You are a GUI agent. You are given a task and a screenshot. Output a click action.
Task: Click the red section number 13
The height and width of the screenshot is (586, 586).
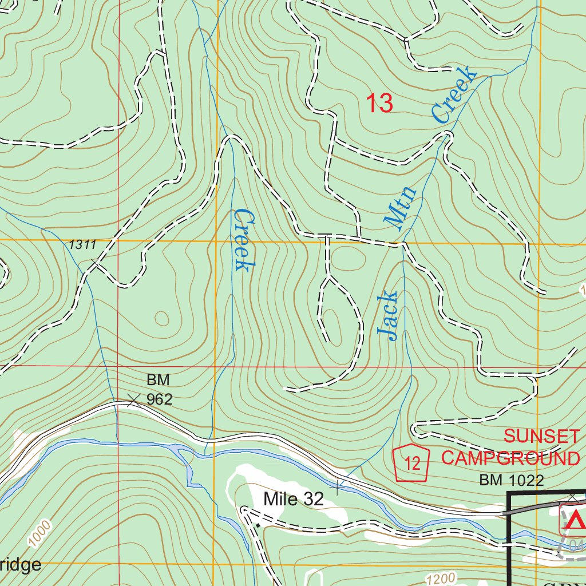(379, 104)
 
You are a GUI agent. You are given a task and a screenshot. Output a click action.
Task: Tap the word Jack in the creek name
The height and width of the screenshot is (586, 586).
(387, 316)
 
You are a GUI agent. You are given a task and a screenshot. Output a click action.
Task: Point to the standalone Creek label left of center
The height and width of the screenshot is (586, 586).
(243, 240)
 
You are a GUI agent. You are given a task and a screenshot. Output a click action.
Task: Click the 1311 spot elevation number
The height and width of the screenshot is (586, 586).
(82, 245)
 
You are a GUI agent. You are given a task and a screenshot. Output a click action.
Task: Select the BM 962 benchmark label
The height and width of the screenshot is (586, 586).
(159, 389)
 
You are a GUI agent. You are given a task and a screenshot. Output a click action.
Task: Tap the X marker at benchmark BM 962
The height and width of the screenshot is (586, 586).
(133, 400)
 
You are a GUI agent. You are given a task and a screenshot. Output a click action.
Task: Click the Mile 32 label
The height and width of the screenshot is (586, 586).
(294, 499)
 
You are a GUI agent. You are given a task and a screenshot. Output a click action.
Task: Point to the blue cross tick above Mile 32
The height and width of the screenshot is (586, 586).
(338, 487)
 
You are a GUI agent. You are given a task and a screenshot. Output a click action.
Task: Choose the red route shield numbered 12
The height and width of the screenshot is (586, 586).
(412, 462)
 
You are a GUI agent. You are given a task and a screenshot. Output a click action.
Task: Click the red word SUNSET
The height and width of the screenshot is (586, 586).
(541, 437)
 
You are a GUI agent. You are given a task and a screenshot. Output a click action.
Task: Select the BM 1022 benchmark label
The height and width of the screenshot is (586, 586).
(511, 481)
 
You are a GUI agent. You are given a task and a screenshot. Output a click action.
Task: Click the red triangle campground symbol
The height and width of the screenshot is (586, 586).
(577, 520)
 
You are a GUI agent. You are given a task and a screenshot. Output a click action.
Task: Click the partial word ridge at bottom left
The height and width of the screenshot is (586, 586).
(21, 565)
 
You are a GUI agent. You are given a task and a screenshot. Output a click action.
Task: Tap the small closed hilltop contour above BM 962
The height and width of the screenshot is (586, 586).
(161, 318)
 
